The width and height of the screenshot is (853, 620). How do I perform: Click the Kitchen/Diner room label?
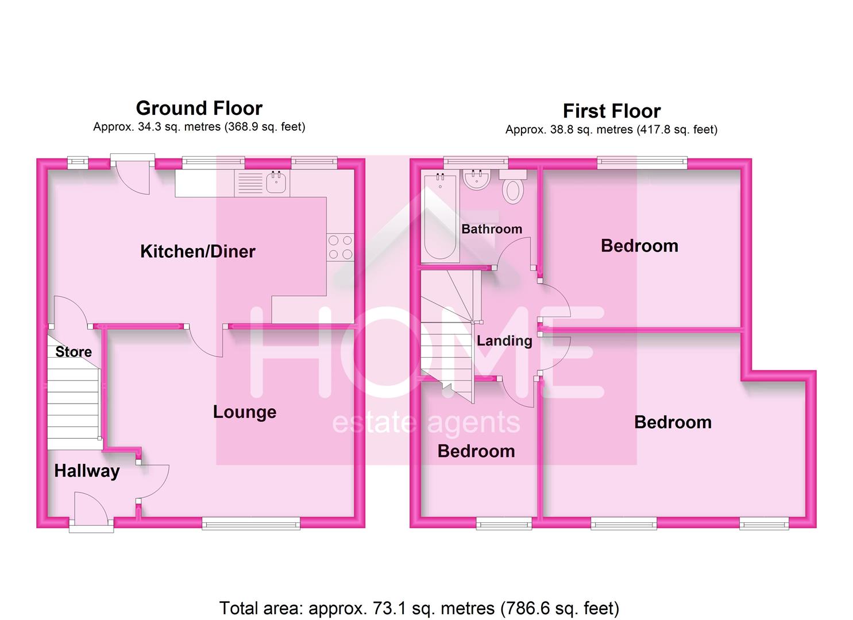[x=198, y=251]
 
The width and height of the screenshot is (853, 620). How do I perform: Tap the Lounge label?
[x=245, y=412]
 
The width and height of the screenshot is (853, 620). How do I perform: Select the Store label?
[x=74, y=351]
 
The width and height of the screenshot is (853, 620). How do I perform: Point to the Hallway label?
[x=87, y=471]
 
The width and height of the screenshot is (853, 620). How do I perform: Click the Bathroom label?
[x=492, y=229]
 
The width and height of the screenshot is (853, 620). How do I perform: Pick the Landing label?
[x=504, y=341]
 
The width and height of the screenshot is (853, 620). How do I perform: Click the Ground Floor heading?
[x=199, y=108]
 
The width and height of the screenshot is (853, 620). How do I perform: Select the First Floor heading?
[x=612, y=111]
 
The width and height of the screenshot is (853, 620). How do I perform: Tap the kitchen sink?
[x=276, y=183]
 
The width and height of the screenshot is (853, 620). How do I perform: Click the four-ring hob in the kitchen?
[x=340, y=247]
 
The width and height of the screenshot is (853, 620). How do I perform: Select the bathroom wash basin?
[x=476, y=179]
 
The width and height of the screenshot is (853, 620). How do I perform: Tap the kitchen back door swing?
[x=133, y=176]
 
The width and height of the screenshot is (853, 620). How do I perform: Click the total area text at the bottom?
[x=419, y=608]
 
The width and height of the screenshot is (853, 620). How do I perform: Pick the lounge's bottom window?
[x=251, y=522]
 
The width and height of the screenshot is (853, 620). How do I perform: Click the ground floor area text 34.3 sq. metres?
[x=199, y=127]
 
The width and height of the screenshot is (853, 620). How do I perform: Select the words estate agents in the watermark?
[x=426, y=423]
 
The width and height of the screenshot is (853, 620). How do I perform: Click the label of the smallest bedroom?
[x=476, y=451]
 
